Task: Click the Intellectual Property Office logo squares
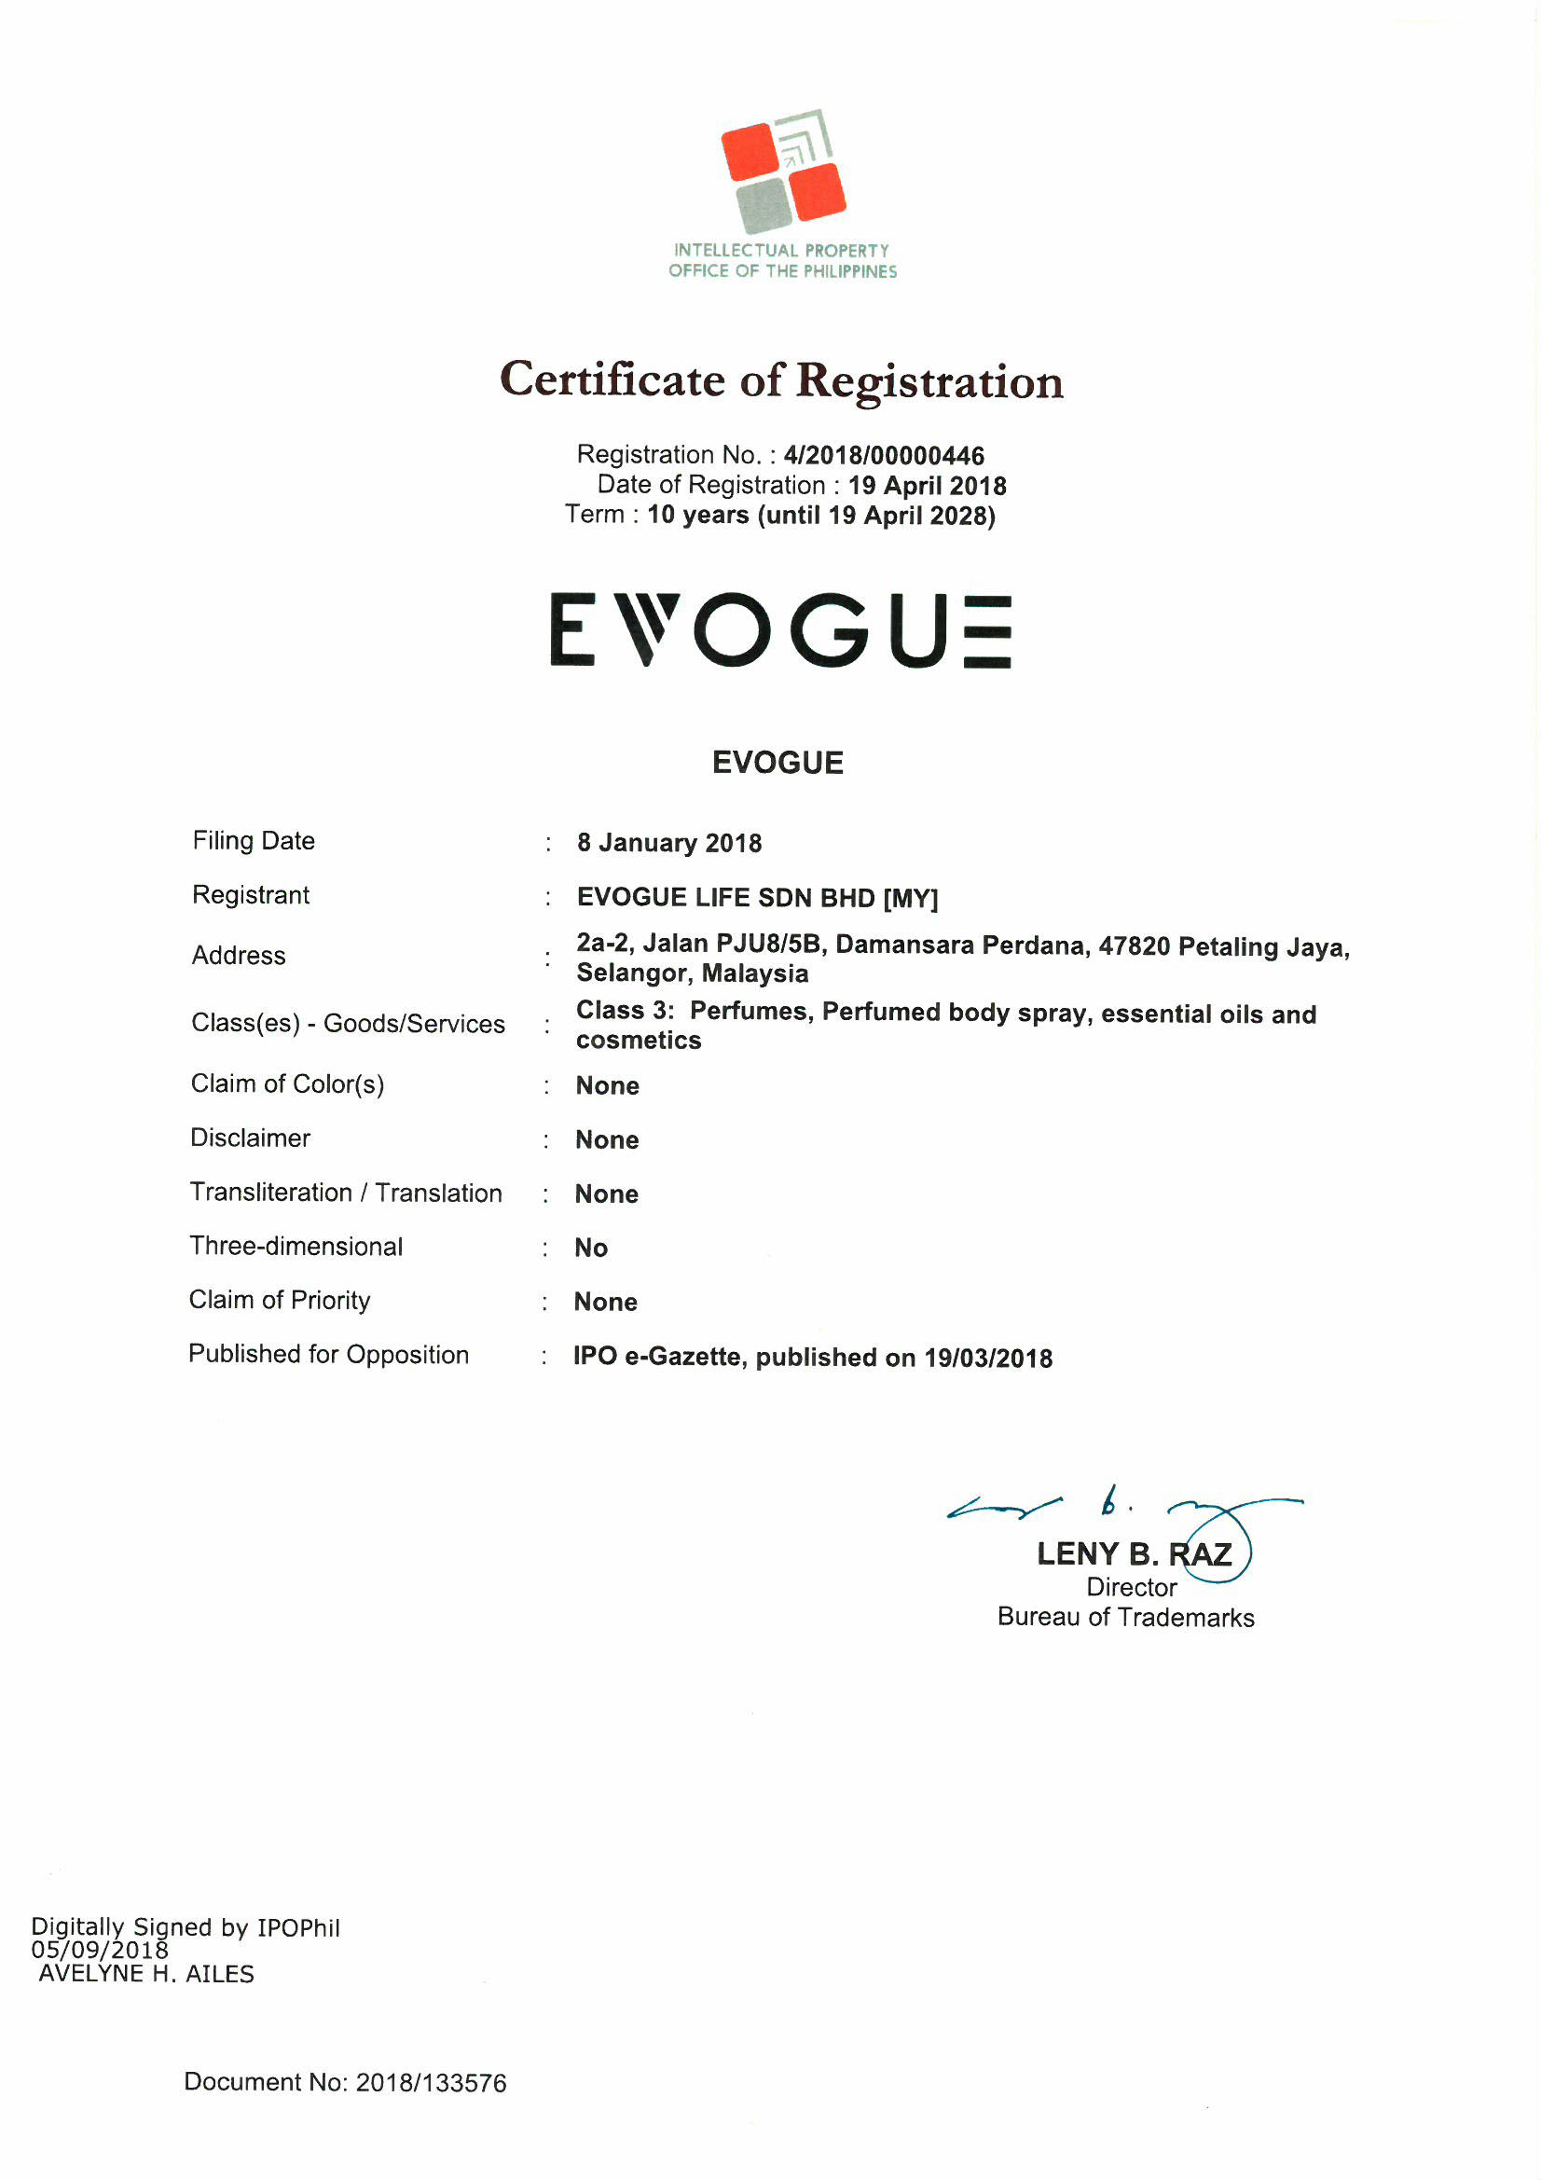click(782, 171)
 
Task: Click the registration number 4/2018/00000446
click(883, 456)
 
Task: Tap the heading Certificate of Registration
click(780, 379)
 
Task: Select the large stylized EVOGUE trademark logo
click(780, 629)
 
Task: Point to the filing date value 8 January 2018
click(669, 843)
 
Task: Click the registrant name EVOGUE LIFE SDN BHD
click(725, 897)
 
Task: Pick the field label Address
click(239, 955)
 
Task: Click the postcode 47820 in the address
click(1134, 945)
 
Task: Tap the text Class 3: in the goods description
click(625, 1010)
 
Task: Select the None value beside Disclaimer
click(607, 1139)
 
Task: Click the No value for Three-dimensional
click(590, 1248)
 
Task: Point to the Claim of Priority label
click(279, 1300)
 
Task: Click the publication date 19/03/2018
click(987, 1358)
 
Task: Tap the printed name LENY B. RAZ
click(1134, 1554)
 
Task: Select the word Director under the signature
click(1131, 1588)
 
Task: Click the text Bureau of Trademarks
click(1125, 1618)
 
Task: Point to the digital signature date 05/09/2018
click(100, 1951)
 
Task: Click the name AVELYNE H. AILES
click(146, 1974)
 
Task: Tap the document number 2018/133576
click(430, 2083)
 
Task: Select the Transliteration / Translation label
click(346, 1193)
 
